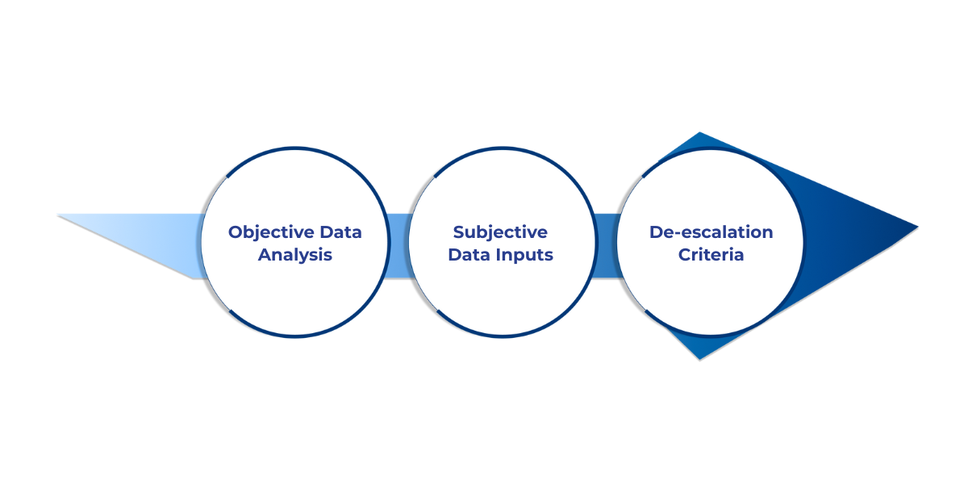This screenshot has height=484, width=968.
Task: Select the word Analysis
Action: [295, 255]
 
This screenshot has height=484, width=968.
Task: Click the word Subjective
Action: [500, 232]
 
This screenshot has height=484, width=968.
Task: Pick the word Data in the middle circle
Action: [468, 255]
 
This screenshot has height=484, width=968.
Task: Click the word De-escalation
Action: [711, 232]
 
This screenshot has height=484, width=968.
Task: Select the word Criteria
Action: [711, 255]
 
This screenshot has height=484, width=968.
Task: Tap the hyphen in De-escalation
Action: [671, 234]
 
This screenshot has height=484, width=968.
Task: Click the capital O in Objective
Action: [236, 232]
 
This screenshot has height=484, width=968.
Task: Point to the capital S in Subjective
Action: [459, 232]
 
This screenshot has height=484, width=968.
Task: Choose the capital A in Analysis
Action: [264, 255]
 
